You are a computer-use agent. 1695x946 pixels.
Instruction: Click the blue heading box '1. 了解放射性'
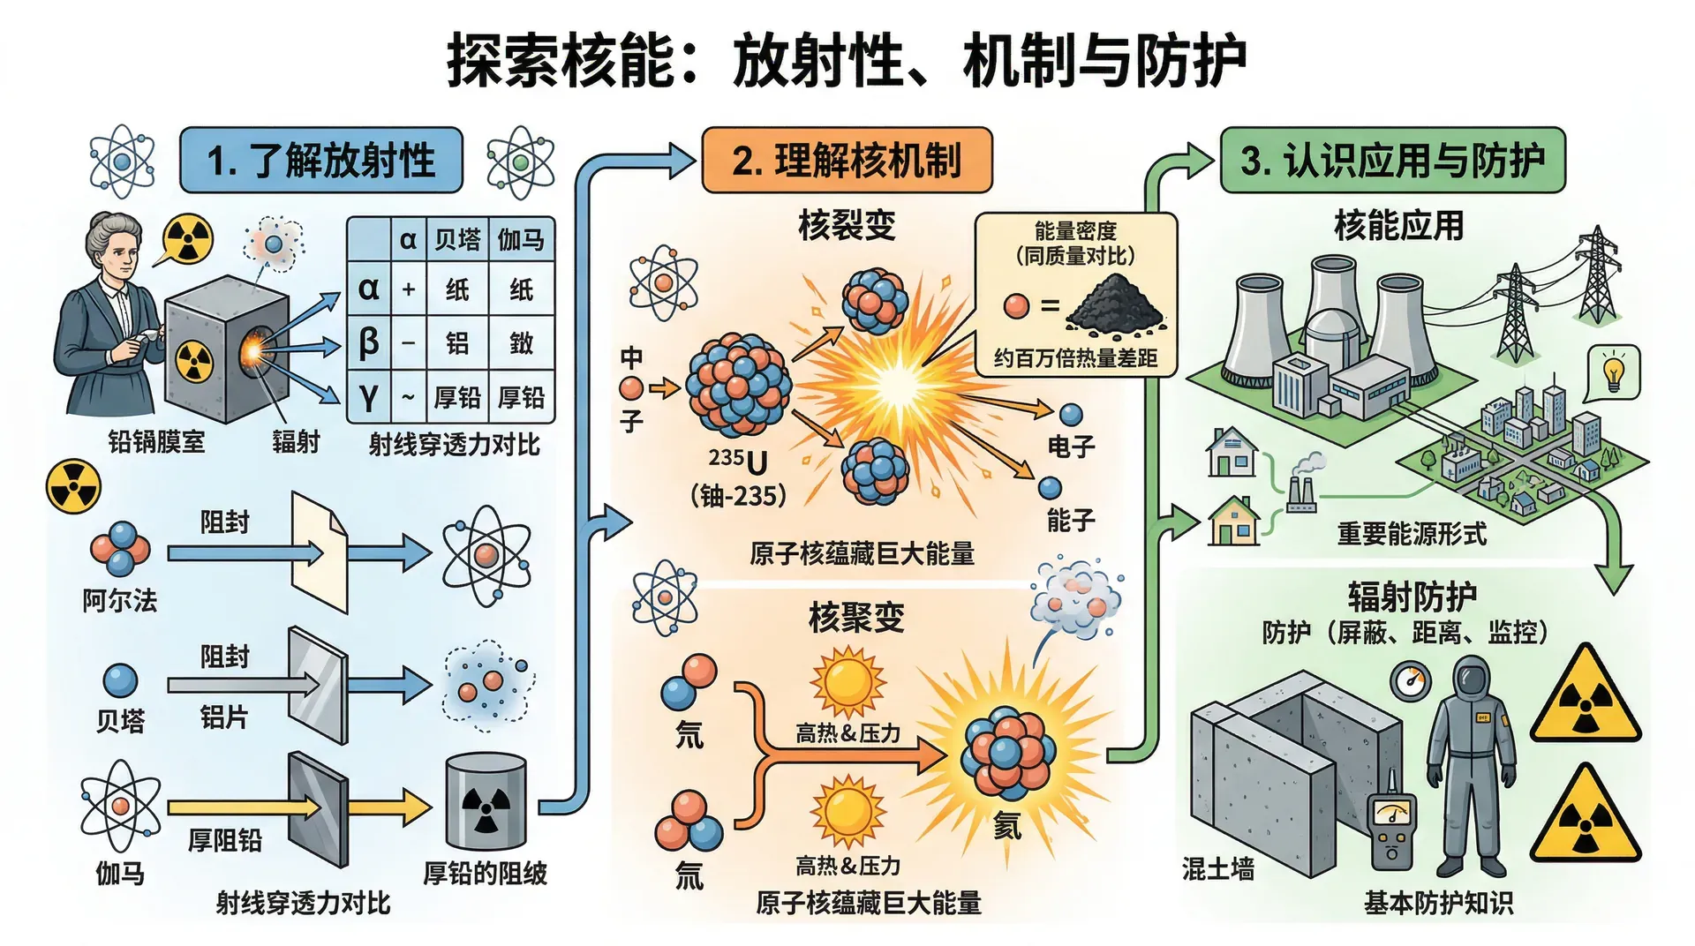click(x=320, y=161)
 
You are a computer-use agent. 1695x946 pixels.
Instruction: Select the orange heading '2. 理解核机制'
click(x=846, y=161)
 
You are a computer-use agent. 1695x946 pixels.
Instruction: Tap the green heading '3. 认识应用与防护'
click(x=1392, y=161)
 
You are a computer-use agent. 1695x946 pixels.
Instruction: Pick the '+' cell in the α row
click(x=409, y=289)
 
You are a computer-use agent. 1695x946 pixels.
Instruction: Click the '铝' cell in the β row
click(x=457, y=343)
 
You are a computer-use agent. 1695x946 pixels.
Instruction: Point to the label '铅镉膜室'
click(x=156, y=441)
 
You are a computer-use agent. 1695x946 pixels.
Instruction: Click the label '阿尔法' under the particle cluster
click(x=120, y=601)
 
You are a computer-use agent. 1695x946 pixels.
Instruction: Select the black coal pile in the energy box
click(x=1114, y=304)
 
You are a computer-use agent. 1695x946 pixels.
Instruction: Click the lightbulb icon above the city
click(x=1614, y=372)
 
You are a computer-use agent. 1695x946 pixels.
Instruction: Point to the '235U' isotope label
click(x=737, y=460)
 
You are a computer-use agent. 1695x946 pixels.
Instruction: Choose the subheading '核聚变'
click(x=856, y=617)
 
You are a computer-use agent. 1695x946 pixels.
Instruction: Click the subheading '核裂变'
click(x=846, y=225)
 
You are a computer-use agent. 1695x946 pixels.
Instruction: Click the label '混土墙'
click(x=1217, y=869)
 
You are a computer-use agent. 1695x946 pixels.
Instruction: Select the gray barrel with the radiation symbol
click(x=486, y=801)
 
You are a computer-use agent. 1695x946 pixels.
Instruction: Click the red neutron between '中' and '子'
click(x=631, y=388)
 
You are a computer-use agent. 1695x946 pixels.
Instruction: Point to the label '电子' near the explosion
click(x=1071, y=447)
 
